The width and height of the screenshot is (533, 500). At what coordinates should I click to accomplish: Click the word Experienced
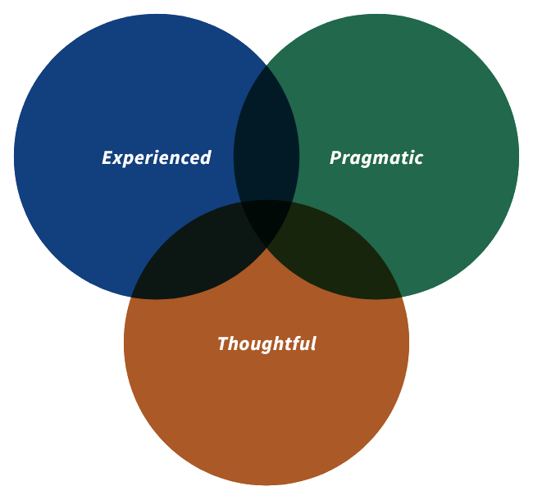click(x=157, y=157)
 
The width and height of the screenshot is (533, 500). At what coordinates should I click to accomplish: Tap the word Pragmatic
click(x=376, y=157)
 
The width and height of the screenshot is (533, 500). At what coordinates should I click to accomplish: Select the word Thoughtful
click(x=266, y=343)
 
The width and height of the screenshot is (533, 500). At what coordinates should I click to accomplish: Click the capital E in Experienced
click(x=107, y=157)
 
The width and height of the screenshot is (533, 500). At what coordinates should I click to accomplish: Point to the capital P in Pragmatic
click(x=335, y=157)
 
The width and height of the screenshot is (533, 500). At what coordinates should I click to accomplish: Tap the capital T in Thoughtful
click(x=223, y=343)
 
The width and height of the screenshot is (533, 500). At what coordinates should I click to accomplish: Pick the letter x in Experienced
click(x=118, y=158)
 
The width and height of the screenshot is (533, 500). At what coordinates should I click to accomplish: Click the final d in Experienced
click(x=206, y=157)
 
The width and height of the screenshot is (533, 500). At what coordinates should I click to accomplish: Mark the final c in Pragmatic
click(x=419, y=158)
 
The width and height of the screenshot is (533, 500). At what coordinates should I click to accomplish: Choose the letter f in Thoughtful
click(x=293, y=343)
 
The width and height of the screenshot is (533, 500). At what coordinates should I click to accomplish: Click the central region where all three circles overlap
click(x=266, y=217)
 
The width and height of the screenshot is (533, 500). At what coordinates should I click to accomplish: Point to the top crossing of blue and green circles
click(x=266, y=65)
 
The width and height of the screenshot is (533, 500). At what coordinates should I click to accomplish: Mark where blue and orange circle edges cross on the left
click(x=132, y=296)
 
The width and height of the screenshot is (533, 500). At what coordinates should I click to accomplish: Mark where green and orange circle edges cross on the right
click(x=401, y=296)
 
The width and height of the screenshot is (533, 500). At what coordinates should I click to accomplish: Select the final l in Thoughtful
click(x=312, y=343)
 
